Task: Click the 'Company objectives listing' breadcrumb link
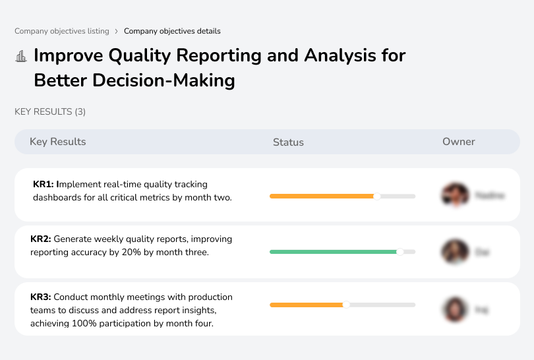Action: (x=62, y=31)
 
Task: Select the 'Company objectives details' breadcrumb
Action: (x=172, y=31)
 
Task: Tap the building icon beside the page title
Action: (x=21, y=56)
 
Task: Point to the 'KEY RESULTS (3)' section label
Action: (x=50, y=112)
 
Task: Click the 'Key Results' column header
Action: (x=57, y=142)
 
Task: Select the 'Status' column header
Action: (x=288, y=142)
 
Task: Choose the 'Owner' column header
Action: (x=459, y=142)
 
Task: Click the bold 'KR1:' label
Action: (x=44, y=185)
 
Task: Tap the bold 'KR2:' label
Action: (x=41, y=239)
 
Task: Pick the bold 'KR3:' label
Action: (x=41, y=297)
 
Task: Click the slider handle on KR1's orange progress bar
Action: (x=377, y=196)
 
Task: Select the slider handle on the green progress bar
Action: (x=400, y=252)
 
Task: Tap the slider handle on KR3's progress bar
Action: (x=346, y=305)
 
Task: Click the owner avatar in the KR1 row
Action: (x=455, y=195)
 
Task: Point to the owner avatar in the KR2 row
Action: (x=455, y=252)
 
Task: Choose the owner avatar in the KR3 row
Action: (x=455, y=309)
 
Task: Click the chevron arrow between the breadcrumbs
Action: (x=117, y=31)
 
